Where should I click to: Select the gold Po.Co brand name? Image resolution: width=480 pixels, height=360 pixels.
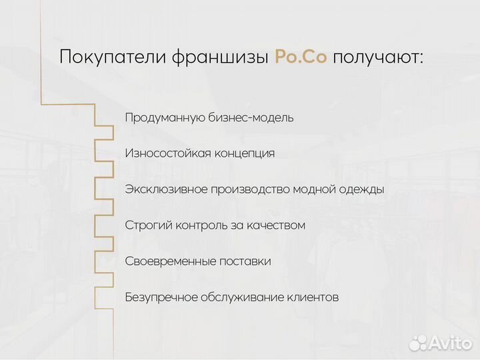(301, 57)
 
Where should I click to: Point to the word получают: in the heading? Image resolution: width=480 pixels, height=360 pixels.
(378, 57)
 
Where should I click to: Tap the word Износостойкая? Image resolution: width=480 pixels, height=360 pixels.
(167, 153)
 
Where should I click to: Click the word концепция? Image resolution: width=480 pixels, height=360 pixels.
(244, 153)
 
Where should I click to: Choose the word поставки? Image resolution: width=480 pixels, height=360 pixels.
(245, 261)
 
